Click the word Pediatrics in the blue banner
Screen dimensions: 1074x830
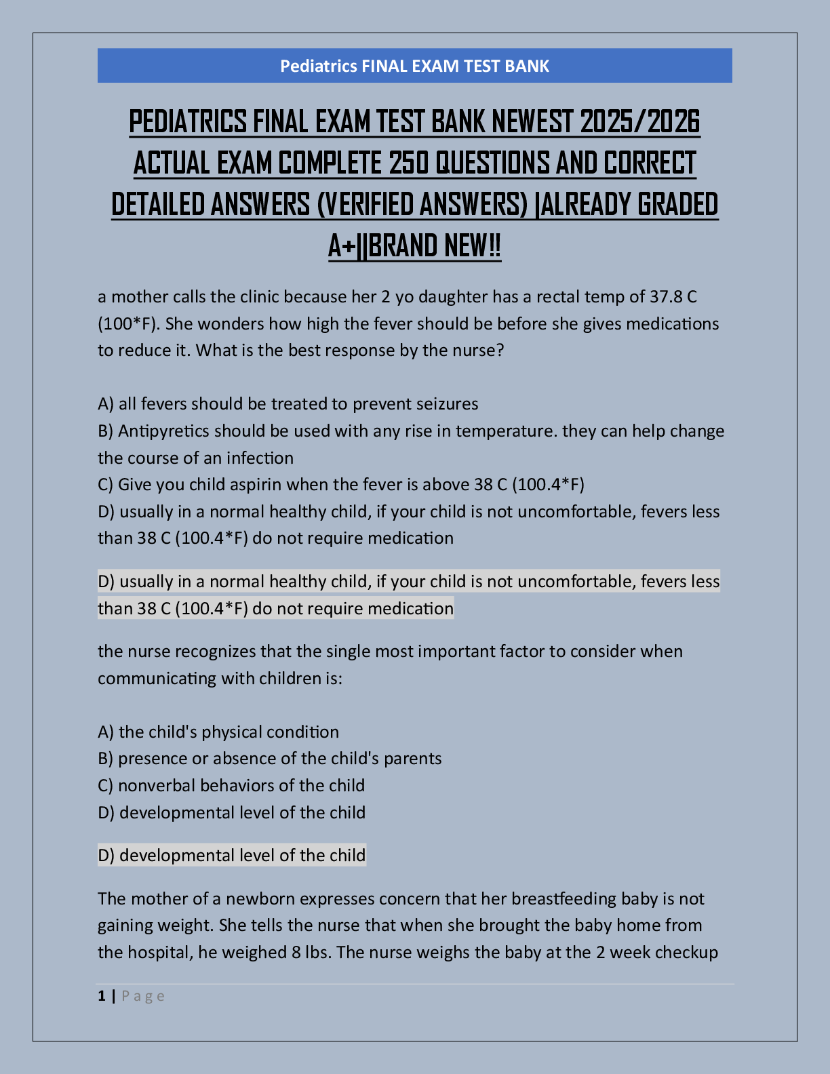318,66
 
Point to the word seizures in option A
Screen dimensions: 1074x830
447,404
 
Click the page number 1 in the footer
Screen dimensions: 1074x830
102,996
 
